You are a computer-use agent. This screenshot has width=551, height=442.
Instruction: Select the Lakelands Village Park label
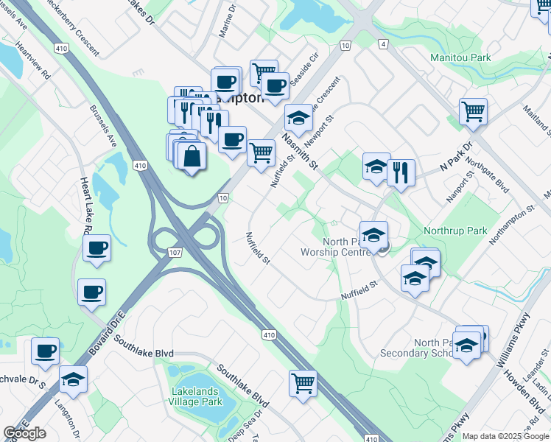[197, 396]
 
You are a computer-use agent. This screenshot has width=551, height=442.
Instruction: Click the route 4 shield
[383, 44]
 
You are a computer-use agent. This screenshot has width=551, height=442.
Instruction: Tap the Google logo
[24, 433]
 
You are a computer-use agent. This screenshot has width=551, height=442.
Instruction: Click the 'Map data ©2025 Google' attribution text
[505, 436]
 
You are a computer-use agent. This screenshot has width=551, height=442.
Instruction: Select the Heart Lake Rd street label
[85, 206]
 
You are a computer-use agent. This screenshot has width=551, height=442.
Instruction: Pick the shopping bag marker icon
[192, 157]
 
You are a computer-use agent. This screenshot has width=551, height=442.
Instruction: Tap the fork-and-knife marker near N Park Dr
[401, 172]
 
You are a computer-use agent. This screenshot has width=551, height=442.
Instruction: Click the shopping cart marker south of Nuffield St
[303, 383]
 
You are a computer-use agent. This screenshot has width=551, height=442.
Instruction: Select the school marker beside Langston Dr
[73, 379]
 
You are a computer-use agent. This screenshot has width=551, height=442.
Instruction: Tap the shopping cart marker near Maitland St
[473, 112]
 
